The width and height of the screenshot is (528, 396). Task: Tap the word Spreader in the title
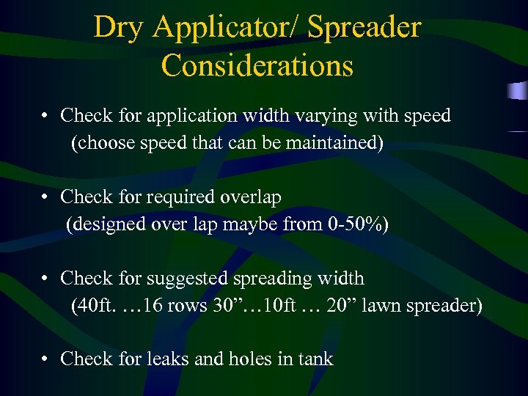click(364, 28)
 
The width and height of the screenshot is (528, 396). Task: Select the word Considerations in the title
click(257, 65)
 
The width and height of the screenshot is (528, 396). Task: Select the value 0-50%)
click(356, 224)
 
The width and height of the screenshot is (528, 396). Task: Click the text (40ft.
click(91, 305)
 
